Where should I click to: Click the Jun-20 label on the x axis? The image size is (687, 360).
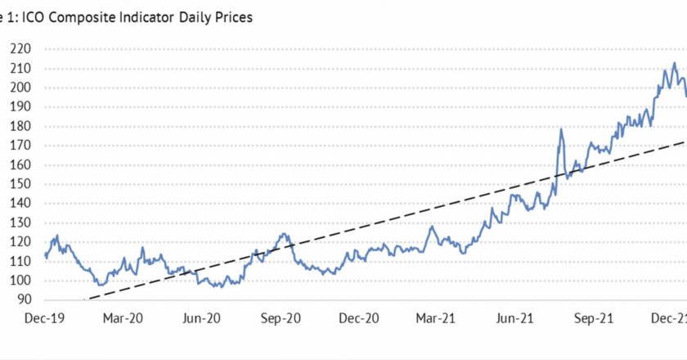coord(202,318)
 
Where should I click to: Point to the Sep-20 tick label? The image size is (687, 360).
coord(281,318)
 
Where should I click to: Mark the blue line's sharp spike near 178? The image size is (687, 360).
coord(561,129)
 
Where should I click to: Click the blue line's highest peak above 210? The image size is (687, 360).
coord(674,63)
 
